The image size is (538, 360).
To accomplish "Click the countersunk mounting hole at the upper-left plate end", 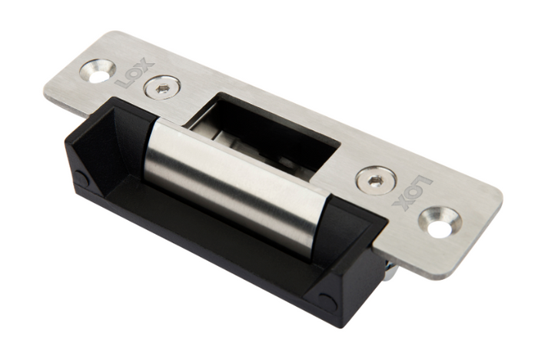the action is coord(98,71).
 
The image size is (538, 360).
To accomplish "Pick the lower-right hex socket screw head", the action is coord(377,181).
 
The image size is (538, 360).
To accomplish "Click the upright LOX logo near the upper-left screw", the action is coord(131,73).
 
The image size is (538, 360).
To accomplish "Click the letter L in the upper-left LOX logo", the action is coord(122,81).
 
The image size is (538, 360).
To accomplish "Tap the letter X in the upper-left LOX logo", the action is coord(138,65).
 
